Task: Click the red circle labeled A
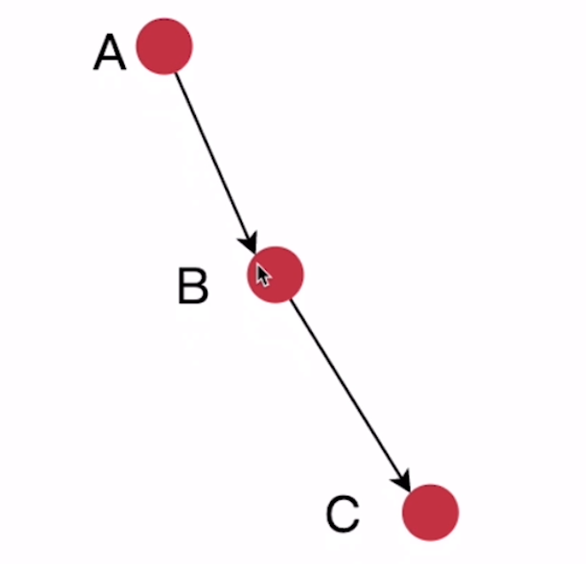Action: click(164, 46)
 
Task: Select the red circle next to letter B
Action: click(276, 274)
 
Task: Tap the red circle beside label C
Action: click(430, 513)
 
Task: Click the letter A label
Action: click(110, 53)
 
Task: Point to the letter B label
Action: click(192, 286)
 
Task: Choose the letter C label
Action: click(342, 514)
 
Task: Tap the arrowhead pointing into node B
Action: click(250, 241)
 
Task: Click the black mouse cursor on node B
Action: click(263, 276)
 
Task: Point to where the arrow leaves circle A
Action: click(176, 73)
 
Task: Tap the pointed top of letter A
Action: click(111, 37)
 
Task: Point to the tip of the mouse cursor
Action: click(258, 264)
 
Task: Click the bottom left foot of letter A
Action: click(97, 68)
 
